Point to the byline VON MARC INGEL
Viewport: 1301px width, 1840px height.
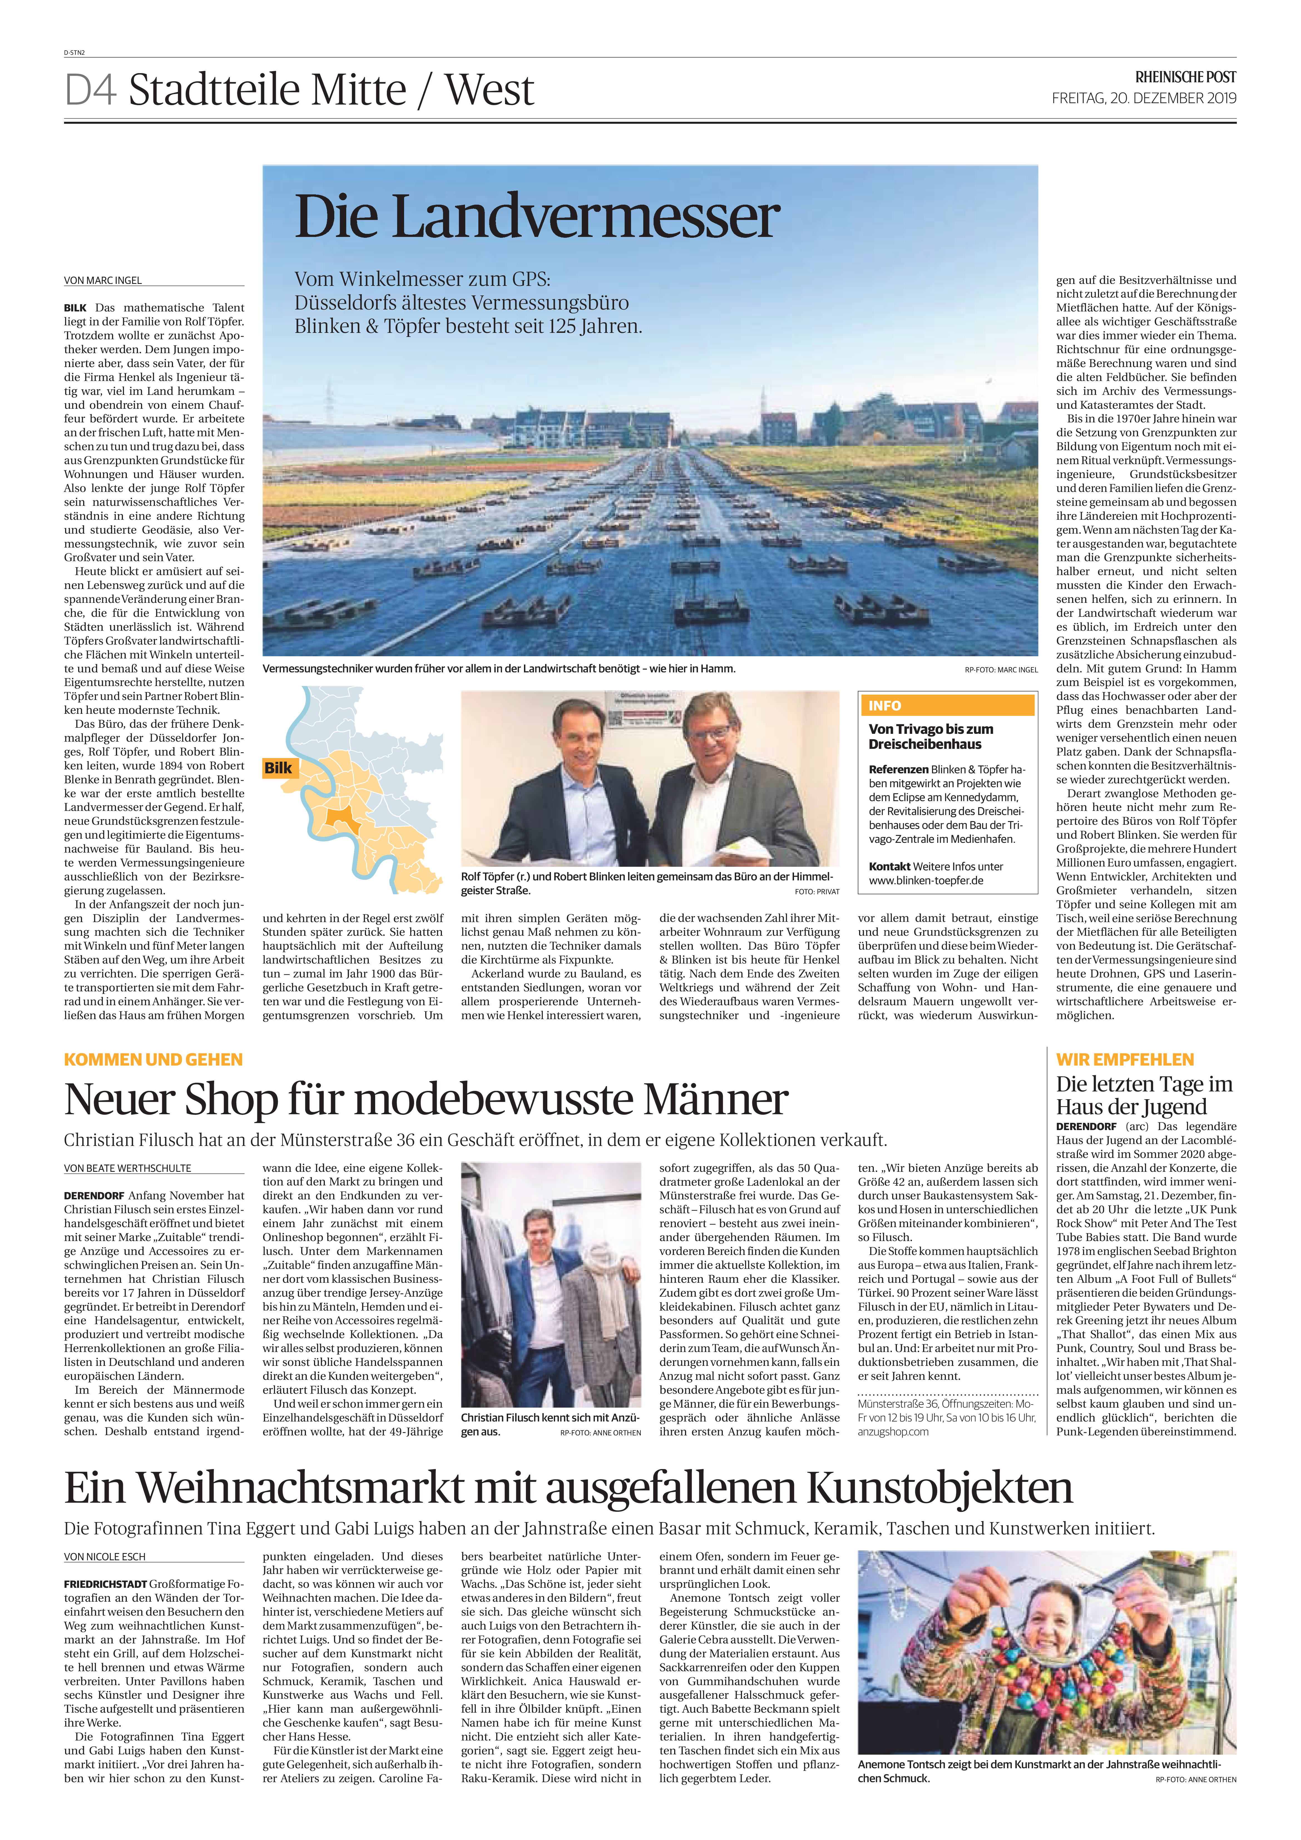coord(103,281)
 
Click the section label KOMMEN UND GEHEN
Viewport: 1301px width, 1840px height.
coord(153,1059)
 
